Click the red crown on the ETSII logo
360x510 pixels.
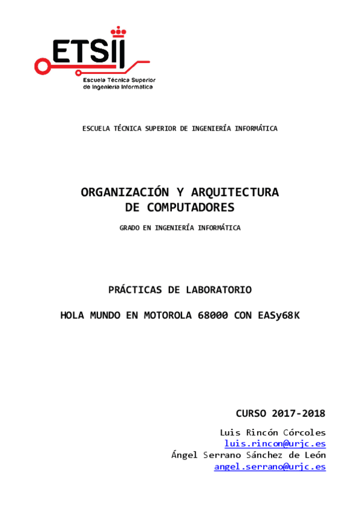[x=117, y=29]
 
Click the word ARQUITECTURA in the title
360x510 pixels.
[x=235, y=192]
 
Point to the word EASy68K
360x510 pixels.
[x=278, y=315]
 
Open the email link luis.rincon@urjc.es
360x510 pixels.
[x=275, y=444]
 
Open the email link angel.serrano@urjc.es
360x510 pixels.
[x=270, y=467]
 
